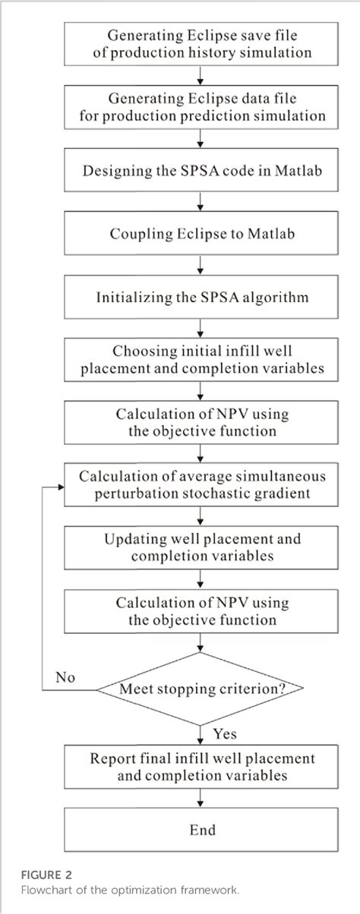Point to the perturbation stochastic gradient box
click(202, 484)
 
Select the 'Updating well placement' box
click(202, 547)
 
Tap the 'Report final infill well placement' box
click(202, 766)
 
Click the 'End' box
click(202, 830)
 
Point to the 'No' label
click(67, 676)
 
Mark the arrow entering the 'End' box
click(200, 798)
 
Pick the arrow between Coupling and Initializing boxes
click(200, 266)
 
